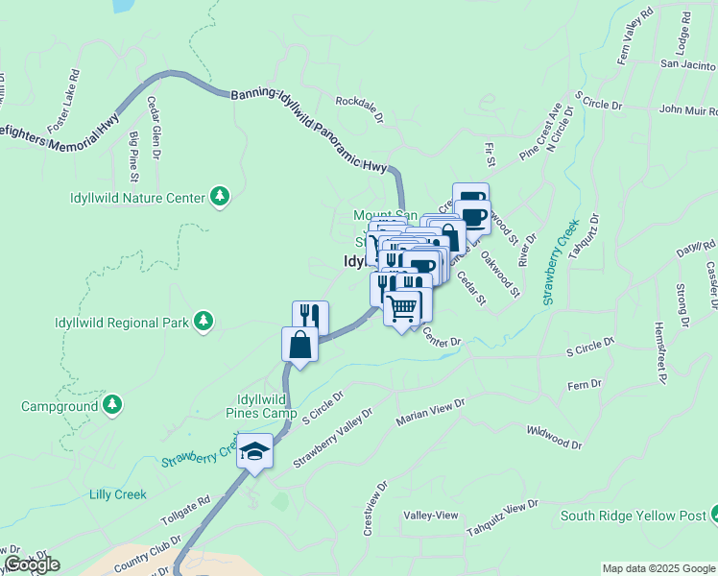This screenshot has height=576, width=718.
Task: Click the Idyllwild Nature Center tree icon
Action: (x=221, y=198)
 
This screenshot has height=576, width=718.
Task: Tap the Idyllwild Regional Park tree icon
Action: (x=203, y=323)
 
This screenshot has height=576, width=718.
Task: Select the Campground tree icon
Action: (x=112, y=406)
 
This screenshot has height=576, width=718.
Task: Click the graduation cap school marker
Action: (x=256, y=449)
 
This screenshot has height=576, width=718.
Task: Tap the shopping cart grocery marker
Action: (x=403, y=307)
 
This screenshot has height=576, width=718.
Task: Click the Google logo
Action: (x=32, y=564)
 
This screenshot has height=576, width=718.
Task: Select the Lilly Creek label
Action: (x=117, y=494)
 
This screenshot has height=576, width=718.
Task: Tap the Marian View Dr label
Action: (x=431, y=414)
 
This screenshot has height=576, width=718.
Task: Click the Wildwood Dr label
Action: (x=555, y=439)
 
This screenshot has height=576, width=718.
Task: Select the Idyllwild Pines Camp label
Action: (x=262, y=406)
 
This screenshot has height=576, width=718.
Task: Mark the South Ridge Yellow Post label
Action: (x=633, y=516)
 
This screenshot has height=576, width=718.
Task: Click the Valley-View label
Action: (x=431, y=516)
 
